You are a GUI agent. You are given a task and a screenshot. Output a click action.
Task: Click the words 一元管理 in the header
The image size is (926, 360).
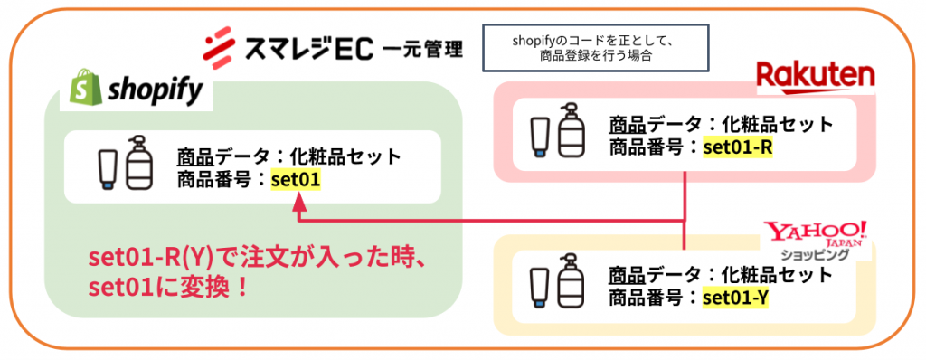422,48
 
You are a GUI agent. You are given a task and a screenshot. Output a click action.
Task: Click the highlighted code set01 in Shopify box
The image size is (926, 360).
296,179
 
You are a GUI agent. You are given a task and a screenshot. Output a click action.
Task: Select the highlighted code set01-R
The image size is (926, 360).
738,147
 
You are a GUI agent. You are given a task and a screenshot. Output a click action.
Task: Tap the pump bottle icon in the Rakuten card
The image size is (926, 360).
572,131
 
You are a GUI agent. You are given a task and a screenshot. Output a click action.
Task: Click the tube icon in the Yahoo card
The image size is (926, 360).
541,288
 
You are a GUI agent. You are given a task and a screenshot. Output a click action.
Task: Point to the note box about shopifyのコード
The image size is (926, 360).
595,49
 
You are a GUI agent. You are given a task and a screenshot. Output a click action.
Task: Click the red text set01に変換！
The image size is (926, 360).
168,288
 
